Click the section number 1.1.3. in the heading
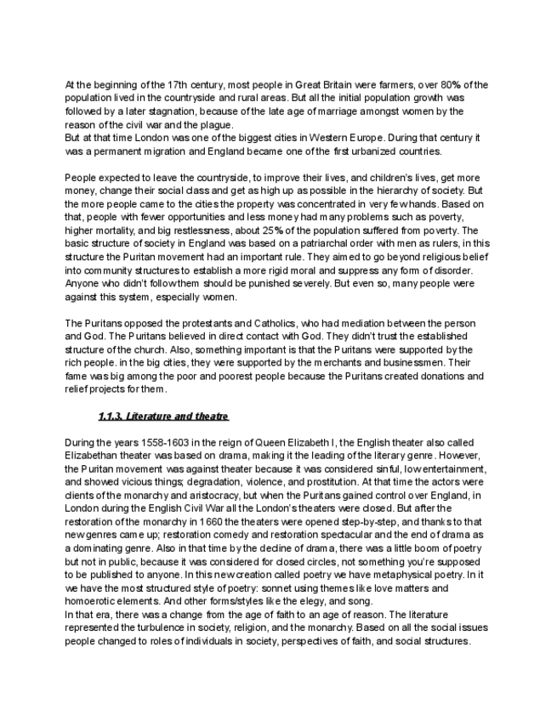coord(111,417)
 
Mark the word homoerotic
coord(89,600)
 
